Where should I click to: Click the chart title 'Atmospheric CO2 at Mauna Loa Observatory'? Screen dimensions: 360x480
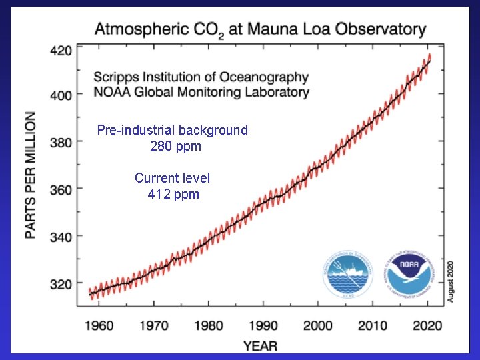pyautogui.click(x=260, y=29)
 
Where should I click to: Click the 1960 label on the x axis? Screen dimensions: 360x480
pyautogui.click(x=99, y=325)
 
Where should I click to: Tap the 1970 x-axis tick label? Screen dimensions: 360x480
pyautogui.click(x=154, y=325)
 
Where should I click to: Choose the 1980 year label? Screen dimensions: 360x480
pyautogui.click(x=209, y=325)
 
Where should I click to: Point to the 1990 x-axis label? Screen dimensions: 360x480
pyautogui.click(x=264, y=325)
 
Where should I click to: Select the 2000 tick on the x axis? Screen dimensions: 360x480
pyautogui.click(x=318, y=325)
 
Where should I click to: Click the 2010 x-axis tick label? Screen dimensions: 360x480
pyautogui.click(x=373, y=325)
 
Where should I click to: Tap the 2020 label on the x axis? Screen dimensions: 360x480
pyautogui.click(x=427, y=325)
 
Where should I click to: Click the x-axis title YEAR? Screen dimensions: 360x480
pyautogui.click(x=260, y=345)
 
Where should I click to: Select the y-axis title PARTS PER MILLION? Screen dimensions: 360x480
pyautogui.click(x=31, y=175)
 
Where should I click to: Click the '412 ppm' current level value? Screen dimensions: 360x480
pyautogui.click(x=173, y=195)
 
